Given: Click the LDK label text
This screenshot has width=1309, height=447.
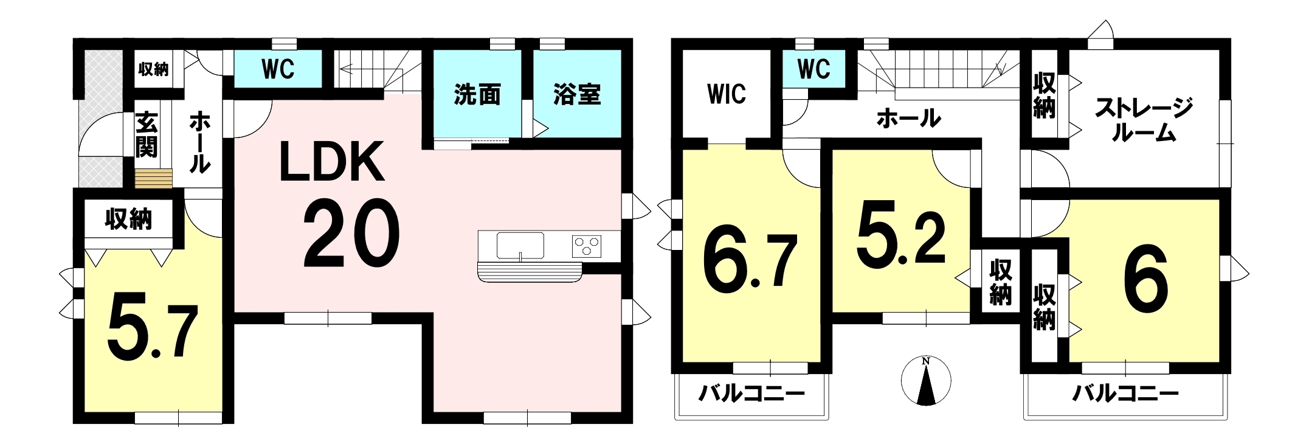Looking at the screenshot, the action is [x=332, y=161].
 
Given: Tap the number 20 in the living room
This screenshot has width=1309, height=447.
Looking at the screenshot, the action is [x=351, y=234].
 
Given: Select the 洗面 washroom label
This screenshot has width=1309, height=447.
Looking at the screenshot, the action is [x=477, y=95].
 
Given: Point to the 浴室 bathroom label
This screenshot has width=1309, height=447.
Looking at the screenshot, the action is [x=577, y=95].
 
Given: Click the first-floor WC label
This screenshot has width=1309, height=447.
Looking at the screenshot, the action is [x=278, y=69].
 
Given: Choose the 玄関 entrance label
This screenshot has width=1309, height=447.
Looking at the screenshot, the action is [x=147, y=135].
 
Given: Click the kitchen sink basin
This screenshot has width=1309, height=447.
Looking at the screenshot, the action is [x=520, y=246].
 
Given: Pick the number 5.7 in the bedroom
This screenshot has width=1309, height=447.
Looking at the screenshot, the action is [x=153, y=327].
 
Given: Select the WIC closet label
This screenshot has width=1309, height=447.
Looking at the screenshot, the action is [x=727, y=94].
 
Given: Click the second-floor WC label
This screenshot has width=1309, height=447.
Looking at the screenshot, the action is [x=813, y=69].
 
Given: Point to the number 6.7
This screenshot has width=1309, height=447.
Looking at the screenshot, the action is [x=749, y=263].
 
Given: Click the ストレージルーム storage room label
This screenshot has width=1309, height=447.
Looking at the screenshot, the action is [x=1144, y=120].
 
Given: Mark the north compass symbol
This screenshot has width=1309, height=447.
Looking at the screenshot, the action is [x=926, y=381].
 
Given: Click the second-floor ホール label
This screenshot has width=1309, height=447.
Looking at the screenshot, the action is [x=908, y=119].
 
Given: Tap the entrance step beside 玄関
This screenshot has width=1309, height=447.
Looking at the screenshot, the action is [x=154, y=179].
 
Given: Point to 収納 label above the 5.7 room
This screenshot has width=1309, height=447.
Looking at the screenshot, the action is [x=128, y=219].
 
